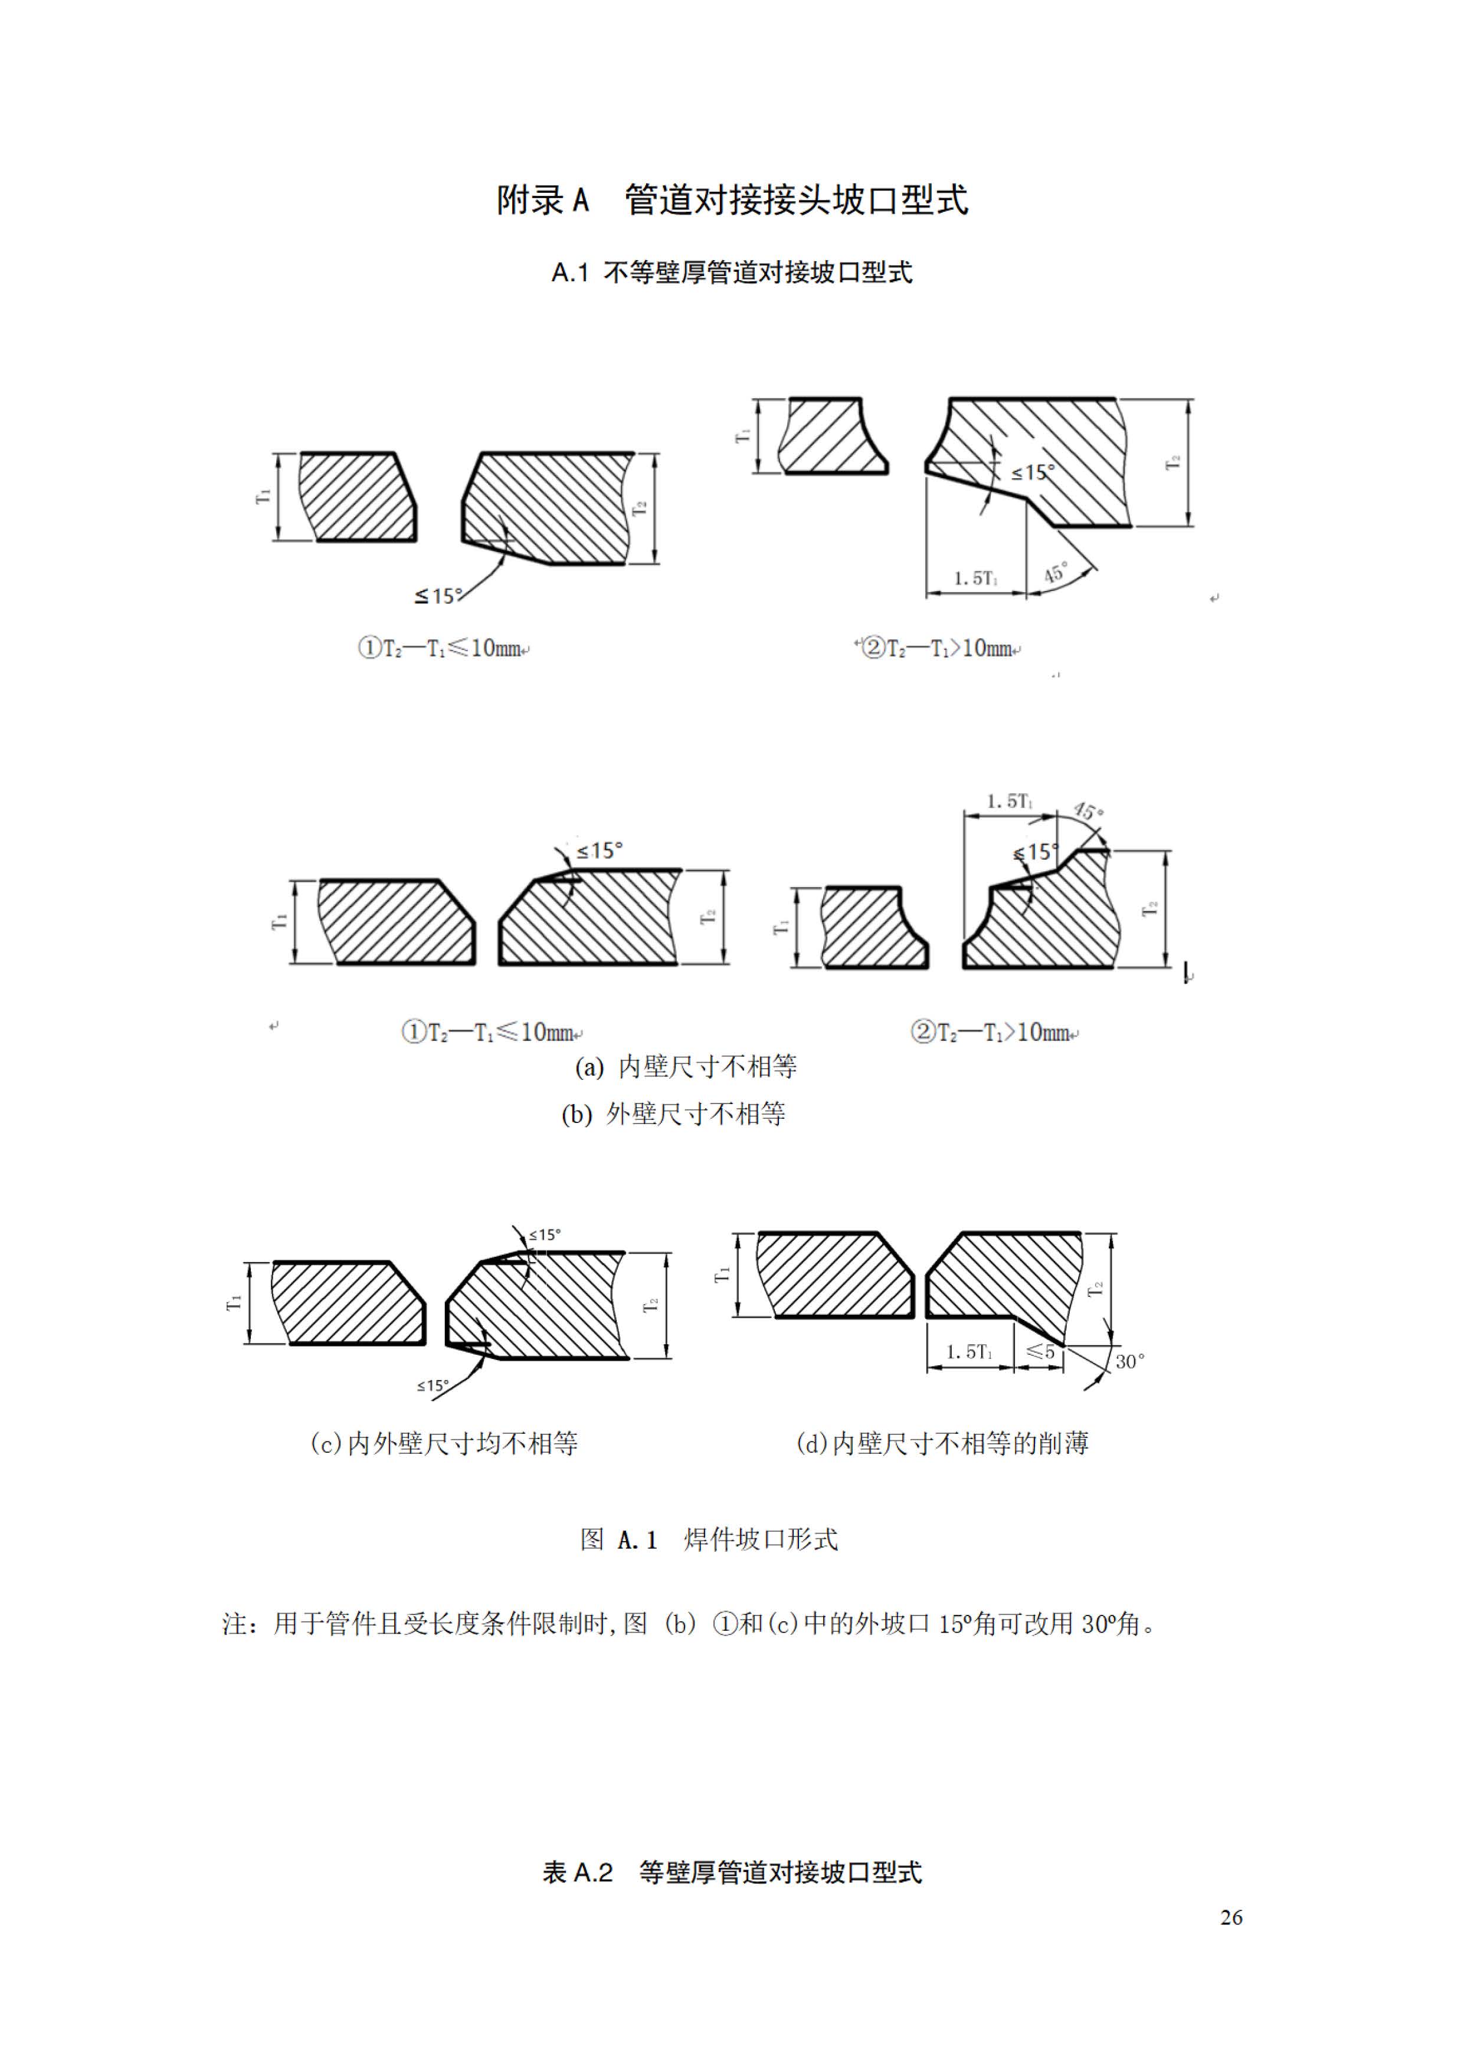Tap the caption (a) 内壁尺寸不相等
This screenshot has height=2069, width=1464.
[x=686, y=1067]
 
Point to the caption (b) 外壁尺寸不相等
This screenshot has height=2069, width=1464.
[x=673, y=1115]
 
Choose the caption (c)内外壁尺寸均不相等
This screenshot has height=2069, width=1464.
[x=444, y=1443]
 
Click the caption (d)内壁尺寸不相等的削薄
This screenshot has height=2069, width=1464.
[x=942, y=1443]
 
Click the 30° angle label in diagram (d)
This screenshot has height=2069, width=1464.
[x=1129, y=1362]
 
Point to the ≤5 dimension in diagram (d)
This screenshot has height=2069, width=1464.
[x=1040, y=1351]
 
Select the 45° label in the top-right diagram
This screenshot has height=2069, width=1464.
[x=1056, y=572]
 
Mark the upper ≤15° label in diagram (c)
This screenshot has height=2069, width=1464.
[x=545, y=1234]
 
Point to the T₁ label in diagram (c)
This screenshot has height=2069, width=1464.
[x=234, y=1303]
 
